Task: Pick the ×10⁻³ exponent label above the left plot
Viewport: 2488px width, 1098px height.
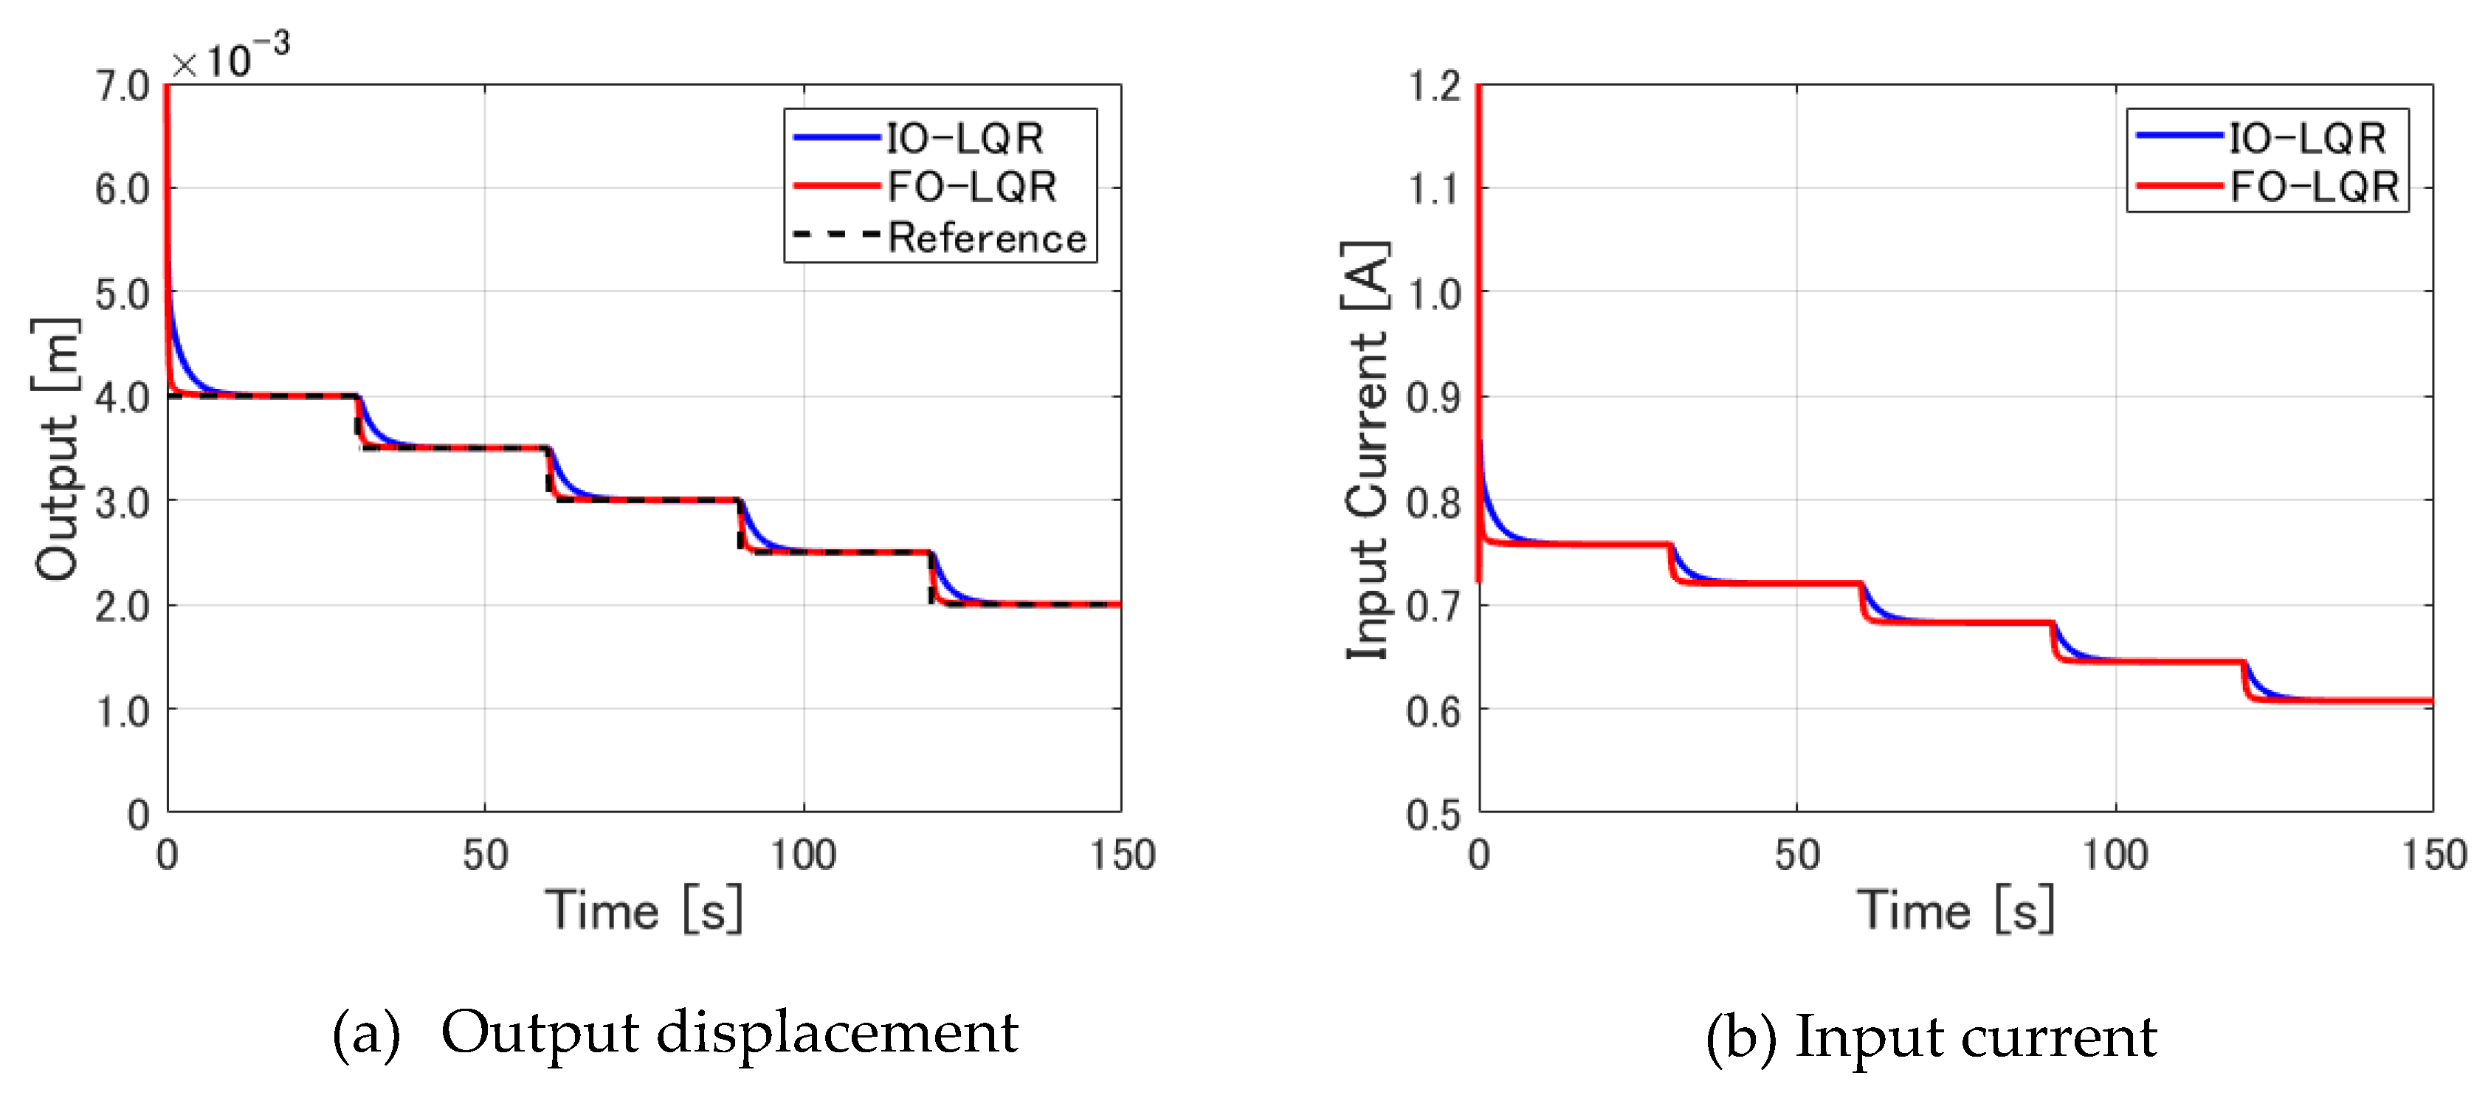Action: [x=230, y=58]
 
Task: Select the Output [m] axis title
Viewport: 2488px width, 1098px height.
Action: [x=56, y=449]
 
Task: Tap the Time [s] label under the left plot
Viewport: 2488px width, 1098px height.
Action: [x=644, y=910]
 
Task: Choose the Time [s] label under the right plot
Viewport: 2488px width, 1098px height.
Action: [x=1956, y=910]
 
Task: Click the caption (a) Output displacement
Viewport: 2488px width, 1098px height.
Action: [x=674, y=1033]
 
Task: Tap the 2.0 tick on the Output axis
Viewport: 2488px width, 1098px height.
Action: [x=122, y=607]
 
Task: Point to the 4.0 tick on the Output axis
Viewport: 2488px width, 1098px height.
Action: [x=122, y=397]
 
